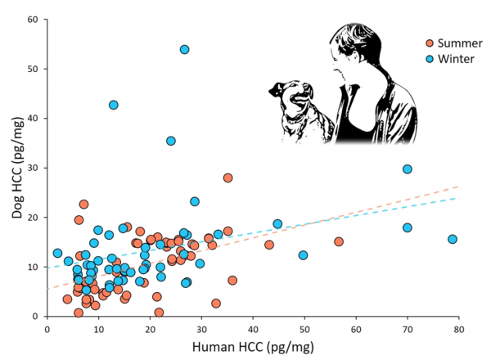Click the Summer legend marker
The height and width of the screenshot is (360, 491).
click(430, 43)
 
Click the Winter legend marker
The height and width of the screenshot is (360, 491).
click(430, 59)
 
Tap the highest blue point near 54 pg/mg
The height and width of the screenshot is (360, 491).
click(185, 50)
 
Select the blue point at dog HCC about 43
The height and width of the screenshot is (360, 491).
click(114, 105)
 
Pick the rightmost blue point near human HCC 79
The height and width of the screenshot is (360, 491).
click(453, 239)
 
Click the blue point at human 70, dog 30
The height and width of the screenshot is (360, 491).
click(407, 169)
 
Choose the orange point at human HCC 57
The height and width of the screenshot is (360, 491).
click(339, 241)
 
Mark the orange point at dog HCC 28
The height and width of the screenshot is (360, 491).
click(228, 178)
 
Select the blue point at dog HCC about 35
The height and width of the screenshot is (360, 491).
click(171, 141)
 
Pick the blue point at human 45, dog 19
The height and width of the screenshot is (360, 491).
click(277, 223)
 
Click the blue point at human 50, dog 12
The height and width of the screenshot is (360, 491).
click(303, 255)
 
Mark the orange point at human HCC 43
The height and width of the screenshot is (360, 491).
click(269, 245)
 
